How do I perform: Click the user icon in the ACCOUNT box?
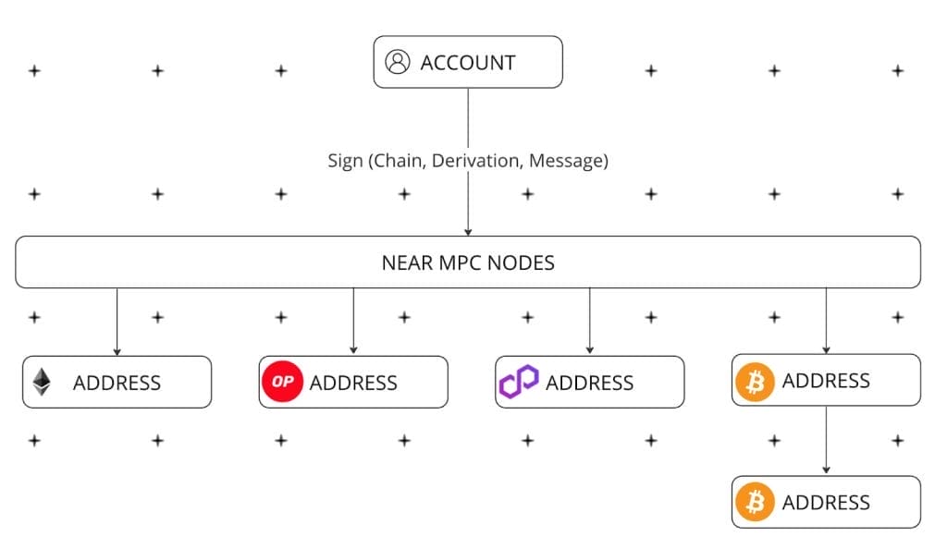coord(398,62)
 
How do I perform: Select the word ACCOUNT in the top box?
coord(467,63)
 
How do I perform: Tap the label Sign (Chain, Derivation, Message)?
coord(468,161)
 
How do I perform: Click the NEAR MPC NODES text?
coord(468,262)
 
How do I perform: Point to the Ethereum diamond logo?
coord(42,382)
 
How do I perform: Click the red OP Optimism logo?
coord(283,382)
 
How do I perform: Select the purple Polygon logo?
coord(518,382)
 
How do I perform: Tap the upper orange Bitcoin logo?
coord(755,381)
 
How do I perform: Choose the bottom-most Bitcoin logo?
coord(755,502)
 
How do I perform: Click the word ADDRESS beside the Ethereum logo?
coord(117,383)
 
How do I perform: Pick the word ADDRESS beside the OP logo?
coord(353,383)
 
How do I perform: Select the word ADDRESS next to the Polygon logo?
coord(589,383)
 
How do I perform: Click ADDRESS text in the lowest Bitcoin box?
coord(826,503)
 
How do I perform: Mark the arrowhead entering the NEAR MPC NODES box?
coord(468,231)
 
